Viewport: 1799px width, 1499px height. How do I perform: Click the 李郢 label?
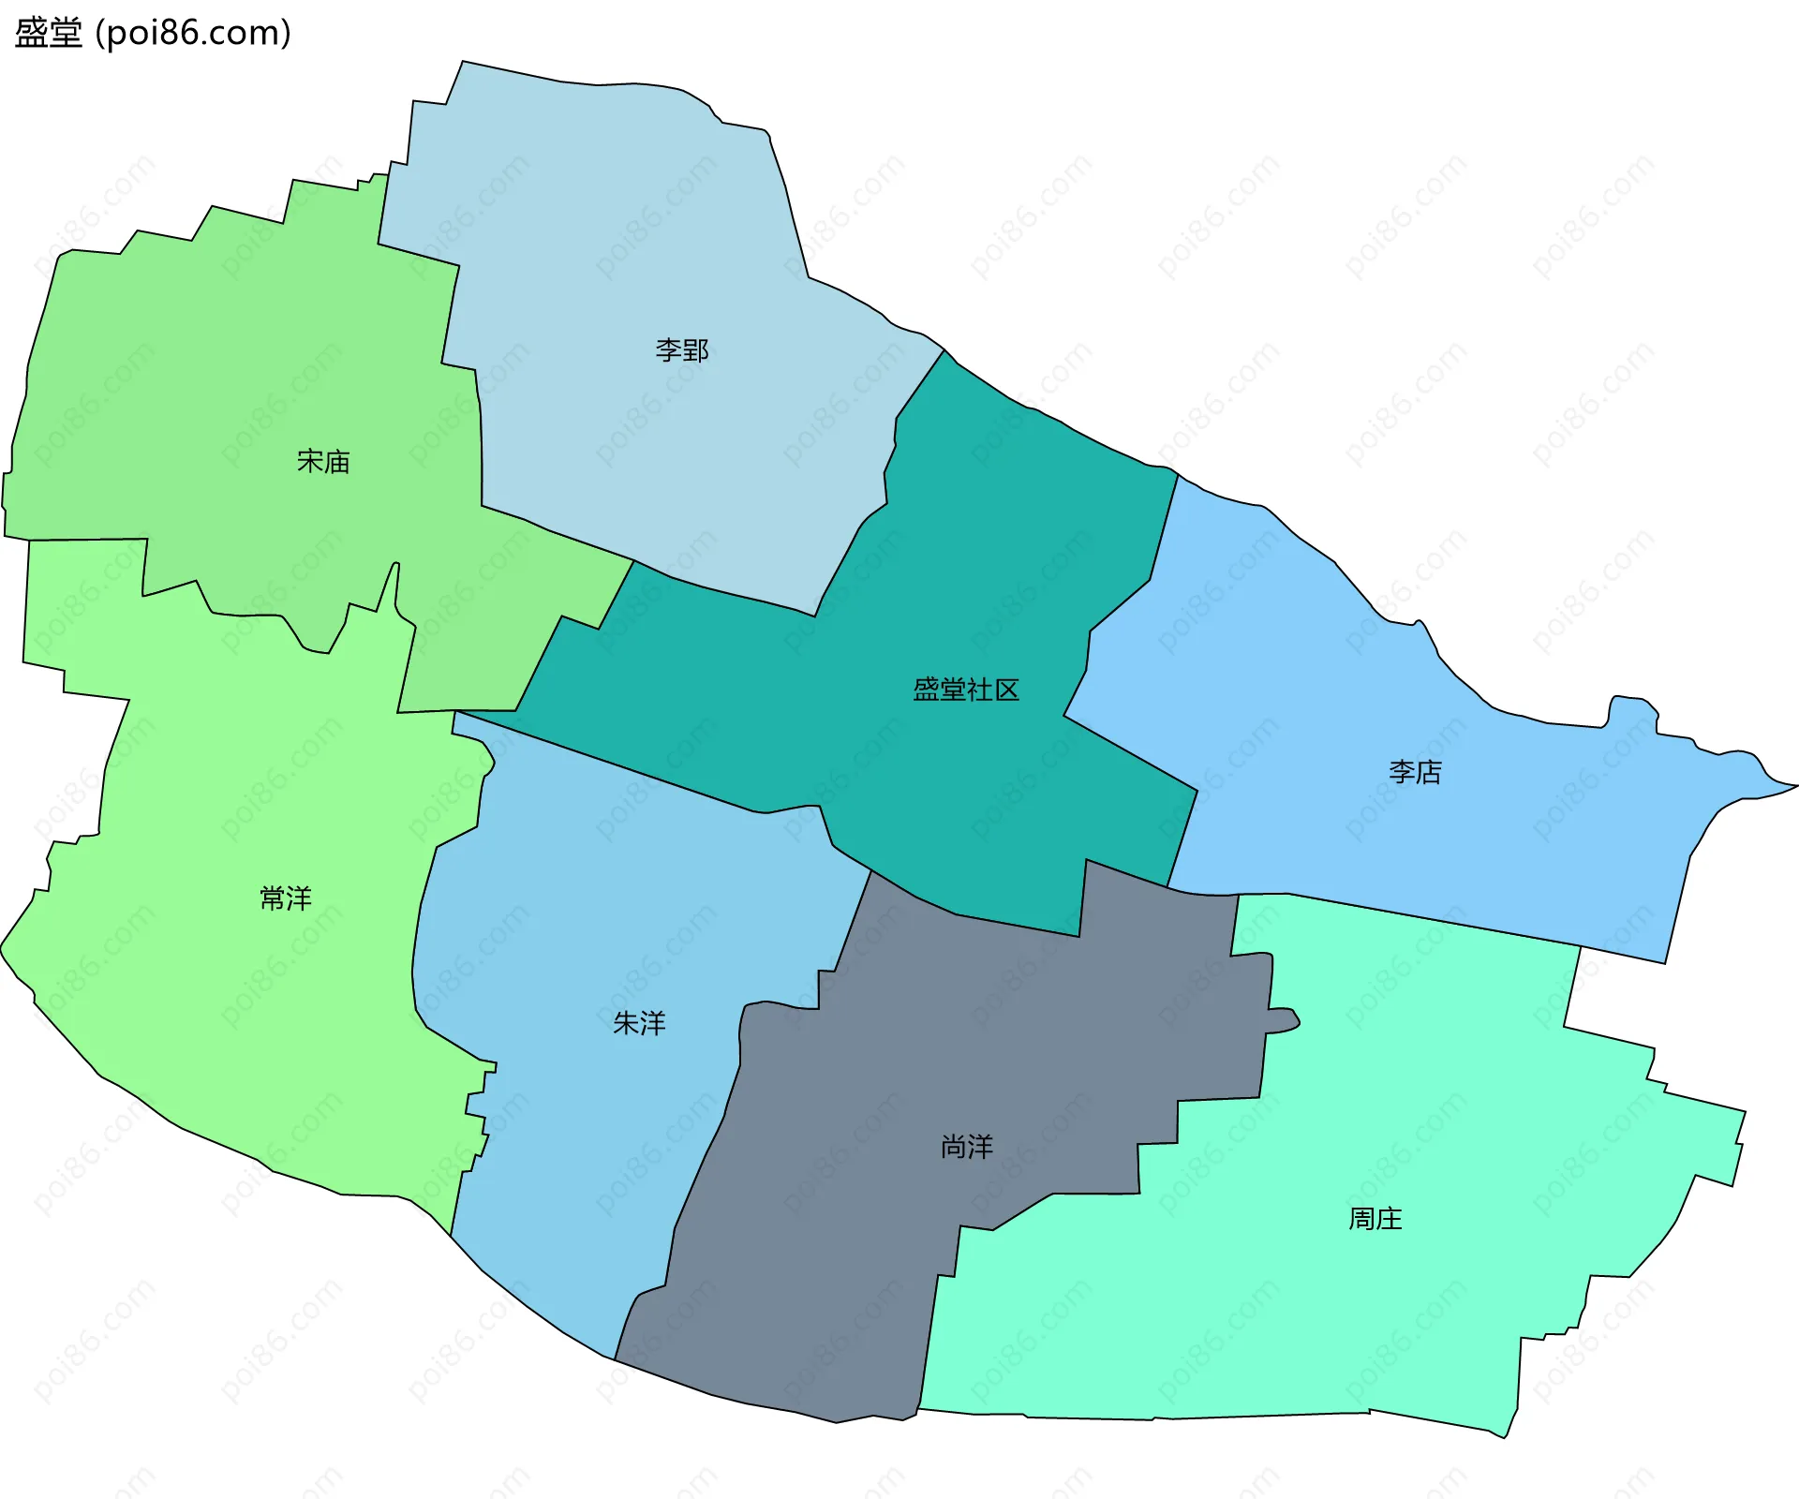pos(681,350)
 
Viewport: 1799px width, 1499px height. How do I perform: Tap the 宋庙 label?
pos(323,461)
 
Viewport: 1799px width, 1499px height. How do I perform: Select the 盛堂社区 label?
pos(966,690)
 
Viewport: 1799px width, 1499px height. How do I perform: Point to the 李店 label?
pos(1415,772)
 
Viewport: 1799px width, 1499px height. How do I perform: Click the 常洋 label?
pos(286,898)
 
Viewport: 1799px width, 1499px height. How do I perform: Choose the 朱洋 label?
pos(639,1023)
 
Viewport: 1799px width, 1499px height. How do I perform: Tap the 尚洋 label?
pos(967,1147)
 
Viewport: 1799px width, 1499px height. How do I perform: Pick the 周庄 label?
pos(1375,1219)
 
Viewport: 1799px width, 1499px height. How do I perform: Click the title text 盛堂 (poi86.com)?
pos(153,33)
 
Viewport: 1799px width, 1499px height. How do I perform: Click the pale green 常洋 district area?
pos(234,1031)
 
